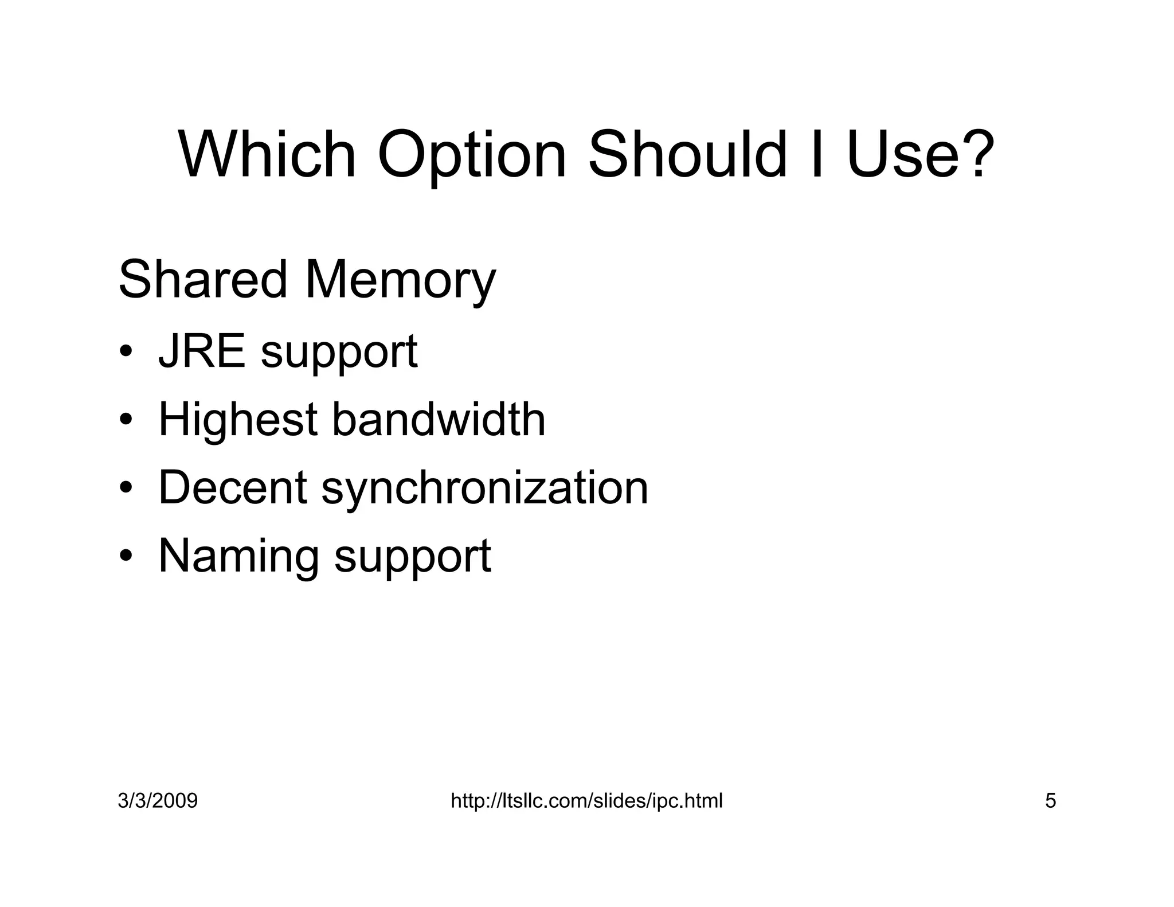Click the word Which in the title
point(267,155)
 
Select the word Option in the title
point(472,156)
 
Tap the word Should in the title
point(687,155)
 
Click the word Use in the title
point(900,155)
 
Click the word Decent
point(233,487)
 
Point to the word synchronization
point(484,488)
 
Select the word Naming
point(238,556)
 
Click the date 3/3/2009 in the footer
point(158,800)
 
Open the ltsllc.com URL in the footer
point(586,800)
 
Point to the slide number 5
point(1050,800)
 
